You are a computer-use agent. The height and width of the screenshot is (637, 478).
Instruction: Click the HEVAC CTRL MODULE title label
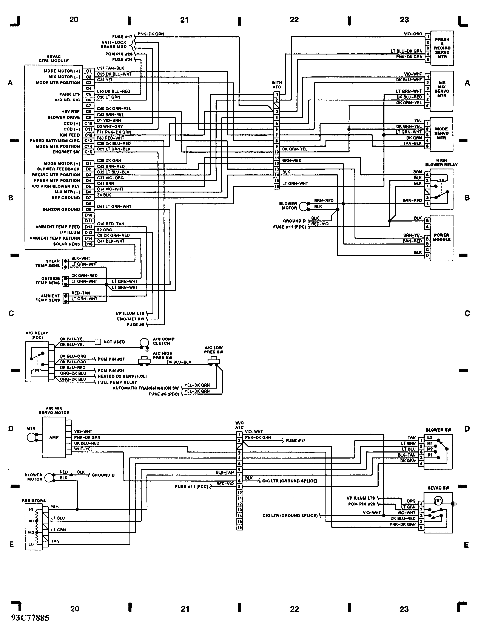[54, 59]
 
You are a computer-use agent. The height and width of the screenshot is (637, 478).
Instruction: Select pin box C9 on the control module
[88, 118]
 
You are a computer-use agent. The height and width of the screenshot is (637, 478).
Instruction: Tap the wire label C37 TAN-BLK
[111, 68]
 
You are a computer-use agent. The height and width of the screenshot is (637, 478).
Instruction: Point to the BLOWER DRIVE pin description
[64, 118]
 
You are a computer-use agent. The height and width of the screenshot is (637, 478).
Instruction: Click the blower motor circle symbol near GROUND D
[303, 206]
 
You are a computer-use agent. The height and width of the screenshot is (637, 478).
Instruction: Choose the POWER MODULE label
[441, 237]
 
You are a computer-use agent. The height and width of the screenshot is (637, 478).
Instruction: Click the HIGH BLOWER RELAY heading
[441, 162]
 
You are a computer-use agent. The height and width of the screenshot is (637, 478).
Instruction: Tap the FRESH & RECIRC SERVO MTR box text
[442, 48]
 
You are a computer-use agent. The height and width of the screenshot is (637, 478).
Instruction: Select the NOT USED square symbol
[98, 342]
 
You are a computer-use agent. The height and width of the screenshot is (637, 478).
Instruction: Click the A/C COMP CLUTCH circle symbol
[143, 342]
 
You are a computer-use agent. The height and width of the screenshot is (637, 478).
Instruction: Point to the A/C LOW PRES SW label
[214, 350]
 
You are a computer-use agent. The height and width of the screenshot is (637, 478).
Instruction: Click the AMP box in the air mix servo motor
[54, 437]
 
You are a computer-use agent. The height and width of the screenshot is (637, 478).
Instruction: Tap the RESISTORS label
[34, 501]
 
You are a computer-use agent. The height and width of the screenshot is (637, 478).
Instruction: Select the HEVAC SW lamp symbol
[438, 501]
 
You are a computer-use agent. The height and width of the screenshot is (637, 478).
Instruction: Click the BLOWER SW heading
[438, 430]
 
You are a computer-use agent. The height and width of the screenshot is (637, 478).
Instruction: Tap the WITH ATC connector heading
[277, 85]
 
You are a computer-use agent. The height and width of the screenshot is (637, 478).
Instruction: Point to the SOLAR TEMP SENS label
[48, 263]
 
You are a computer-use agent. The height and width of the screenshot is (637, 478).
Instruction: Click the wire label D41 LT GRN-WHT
[114, 206]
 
